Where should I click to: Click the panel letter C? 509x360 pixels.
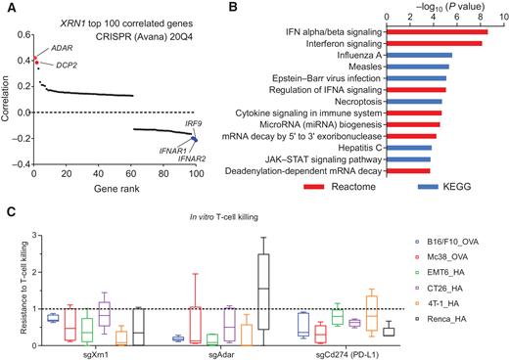pos(8,212)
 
